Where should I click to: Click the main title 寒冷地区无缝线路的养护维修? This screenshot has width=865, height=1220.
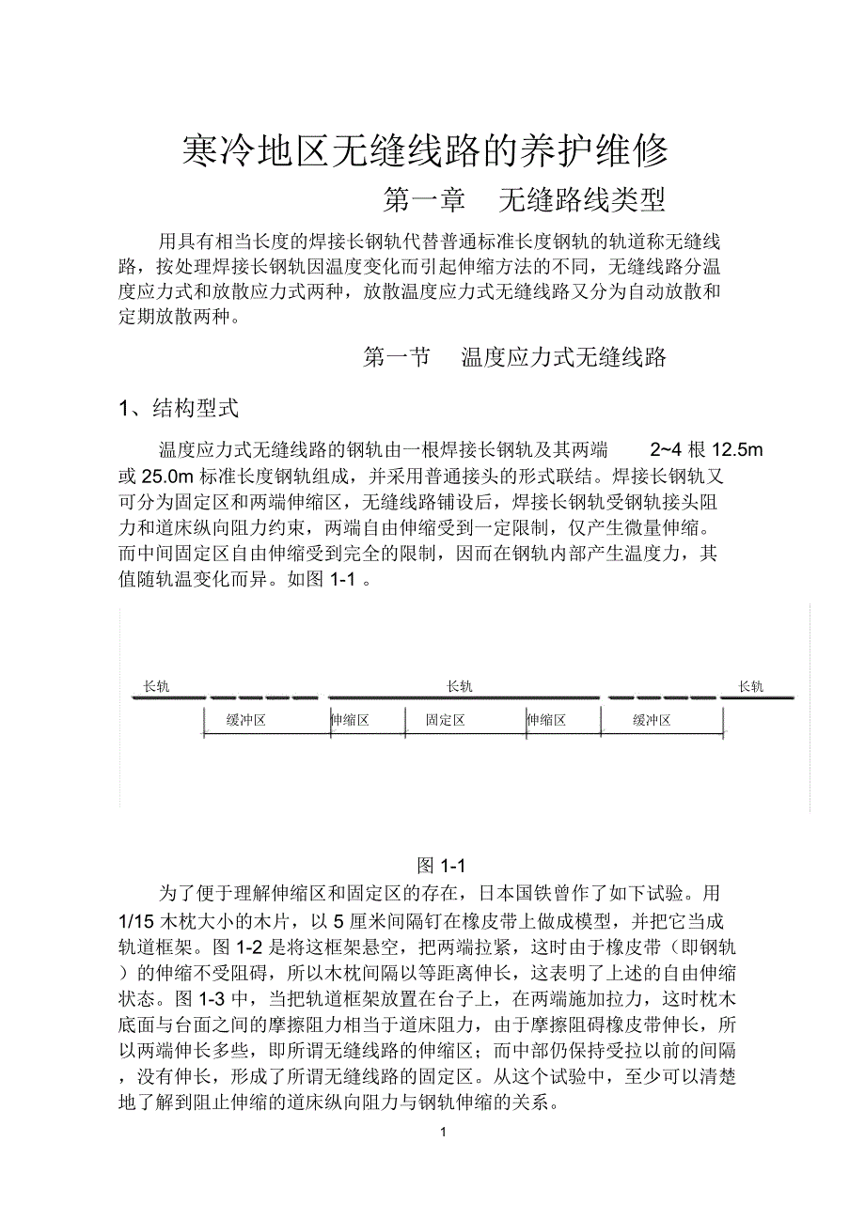tap(425, 149)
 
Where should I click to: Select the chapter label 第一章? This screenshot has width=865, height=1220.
tap(425, 199)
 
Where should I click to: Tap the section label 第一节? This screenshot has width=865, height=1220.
tap(397, 357)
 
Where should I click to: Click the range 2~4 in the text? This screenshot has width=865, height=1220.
tap(668, 449)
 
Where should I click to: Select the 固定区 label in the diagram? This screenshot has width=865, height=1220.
tap(444, 720)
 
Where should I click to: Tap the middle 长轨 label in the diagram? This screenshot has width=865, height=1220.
tap(460, 686)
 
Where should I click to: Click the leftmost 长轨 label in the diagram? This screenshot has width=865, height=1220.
tap(156, 686)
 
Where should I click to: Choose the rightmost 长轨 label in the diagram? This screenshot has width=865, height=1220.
tap(751, 686)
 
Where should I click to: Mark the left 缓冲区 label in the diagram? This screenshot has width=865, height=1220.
tap(246, 720)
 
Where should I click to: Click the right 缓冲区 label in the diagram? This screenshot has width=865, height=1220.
tap(652, 720)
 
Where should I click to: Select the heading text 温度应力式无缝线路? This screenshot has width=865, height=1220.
tap(564, 357)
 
